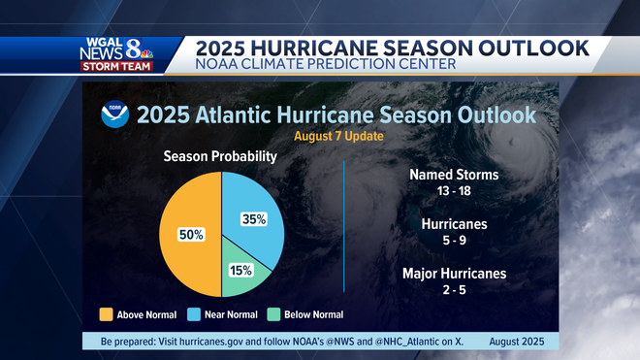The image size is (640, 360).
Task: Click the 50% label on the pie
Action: (x=191, y=235)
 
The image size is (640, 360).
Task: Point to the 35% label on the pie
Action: (x=254, y=219)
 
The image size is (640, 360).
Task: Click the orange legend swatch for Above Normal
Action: (x=106, y=314)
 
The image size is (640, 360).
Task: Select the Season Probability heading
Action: (x=220, y=157)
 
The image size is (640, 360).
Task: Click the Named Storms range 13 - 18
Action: (x=454, y=192)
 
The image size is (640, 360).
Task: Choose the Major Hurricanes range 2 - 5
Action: (x=454, y=289)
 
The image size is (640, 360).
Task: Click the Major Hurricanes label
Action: (x=454, y=273)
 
